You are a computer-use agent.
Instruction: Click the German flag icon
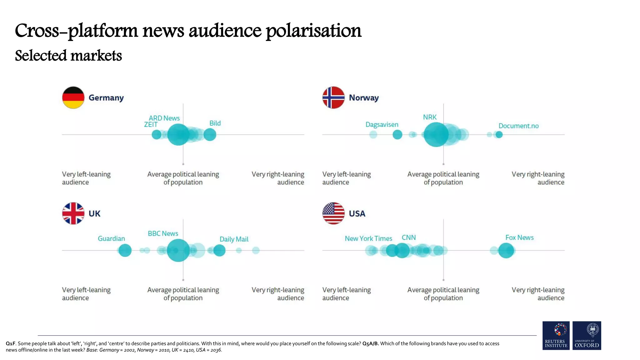tap(73, 97)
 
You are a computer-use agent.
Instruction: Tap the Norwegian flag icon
tap(333, 97)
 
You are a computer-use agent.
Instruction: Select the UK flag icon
tap(73, 213)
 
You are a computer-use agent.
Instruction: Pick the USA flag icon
tap(333, 213)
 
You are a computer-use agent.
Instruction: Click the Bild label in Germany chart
tap(215, 123)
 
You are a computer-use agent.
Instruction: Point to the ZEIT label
tap(151, 125)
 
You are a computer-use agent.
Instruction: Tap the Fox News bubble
tap(506, 251)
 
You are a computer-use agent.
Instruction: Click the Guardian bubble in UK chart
tap(125, 250)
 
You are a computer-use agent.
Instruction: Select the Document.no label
tap(518, 126)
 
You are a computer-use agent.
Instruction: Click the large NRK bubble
tap(436, 135)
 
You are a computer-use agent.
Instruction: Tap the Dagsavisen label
tap(382, 125)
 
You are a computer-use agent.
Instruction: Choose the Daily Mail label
tap(234, 239)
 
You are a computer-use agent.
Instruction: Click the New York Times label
tap(368, 239)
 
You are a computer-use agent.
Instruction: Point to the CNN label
tap(408, 237)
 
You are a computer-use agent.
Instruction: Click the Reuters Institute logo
tap(556, 336)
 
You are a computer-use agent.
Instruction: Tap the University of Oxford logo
tap(587, 336)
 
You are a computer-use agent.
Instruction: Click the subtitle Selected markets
tap(68, 56)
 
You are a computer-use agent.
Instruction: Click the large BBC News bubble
tap(178, 250)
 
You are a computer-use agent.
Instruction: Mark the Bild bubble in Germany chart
tap(210, 135)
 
